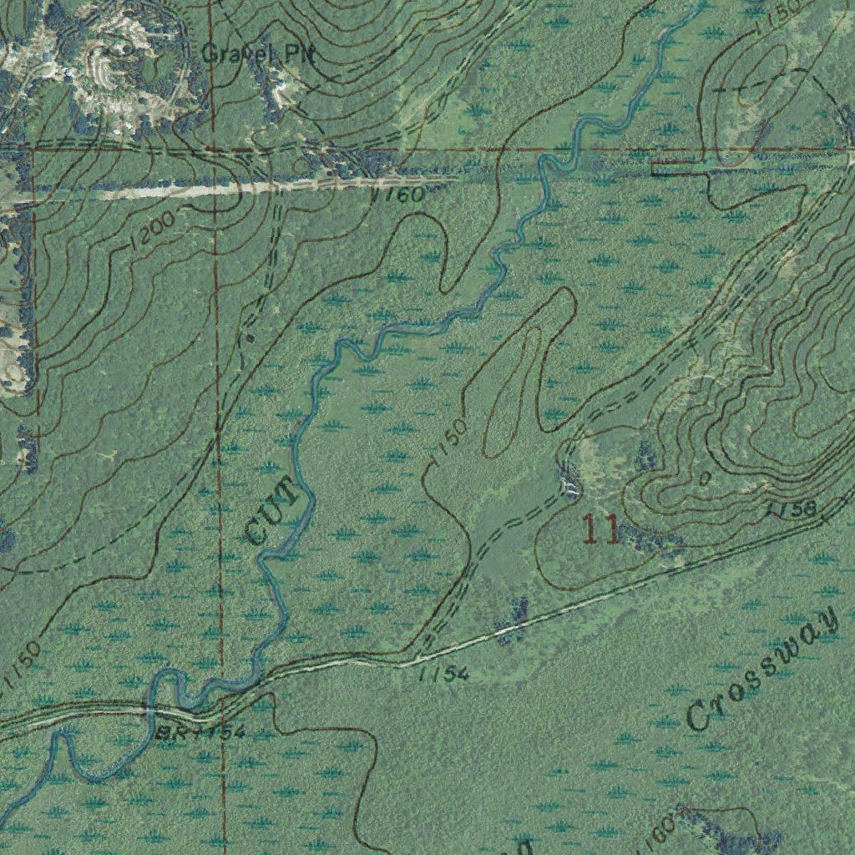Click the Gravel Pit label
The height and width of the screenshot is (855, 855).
(x=257, y=55)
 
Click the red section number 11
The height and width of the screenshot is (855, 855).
(x=600, y=530)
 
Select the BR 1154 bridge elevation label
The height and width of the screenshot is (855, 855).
(x=200, y=733)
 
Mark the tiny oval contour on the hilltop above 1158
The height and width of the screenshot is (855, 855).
(x=706, y=479)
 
